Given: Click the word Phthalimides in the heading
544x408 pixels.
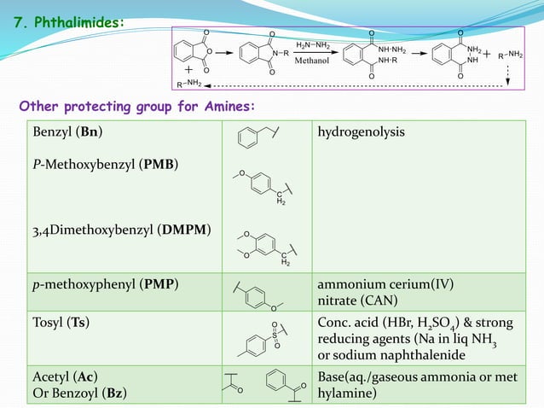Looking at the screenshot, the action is [x=78, y=22].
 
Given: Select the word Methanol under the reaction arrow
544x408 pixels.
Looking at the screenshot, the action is [x=311, y=61].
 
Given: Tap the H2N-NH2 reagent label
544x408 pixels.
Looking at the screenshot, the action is [x=313, y=45].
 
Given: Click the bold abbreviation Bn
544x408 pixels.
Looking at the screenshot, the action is [x=90, y=132].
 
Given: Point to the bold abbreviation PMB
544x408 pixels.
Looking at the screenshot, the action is [x=159, y=164].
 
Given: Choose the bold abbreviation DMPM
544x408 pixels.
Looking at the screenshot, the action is [x=184, y=230].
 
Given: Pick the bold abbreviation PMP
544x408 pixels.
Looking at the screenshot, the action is [x=159, y=284].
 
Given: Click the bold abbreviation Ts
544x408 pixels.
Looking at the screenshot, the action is [x=78, y=323].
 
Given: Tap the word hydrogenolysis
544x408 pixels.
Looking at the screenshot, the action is [x=362, y=132].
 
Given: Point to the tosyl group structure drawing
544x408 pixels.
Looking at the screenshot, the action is [x=263, y=340].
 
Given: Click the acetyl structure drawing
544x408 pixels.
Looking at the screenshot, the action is [x=234, y=383].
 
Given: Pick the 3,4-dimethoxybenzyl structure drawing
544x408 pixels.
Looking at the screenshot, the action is [x=267, y=248].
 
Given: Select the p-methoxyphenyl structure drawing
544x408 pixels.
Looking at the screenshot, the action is [x=258, y=297].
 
